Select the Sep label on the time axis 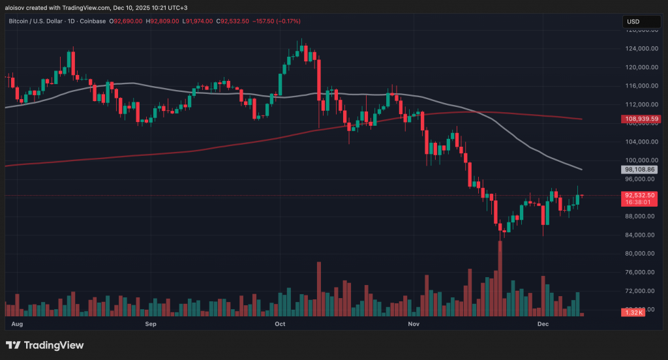(x=151, y=323)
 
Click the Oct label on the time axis (x=281, y=323)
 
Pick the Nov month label (x=412, y=323)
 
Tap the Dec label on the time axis (x=543, y=323)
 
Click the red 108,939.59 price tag (x=641, y=119)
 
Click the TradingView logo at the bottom (x=45, y=345)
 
